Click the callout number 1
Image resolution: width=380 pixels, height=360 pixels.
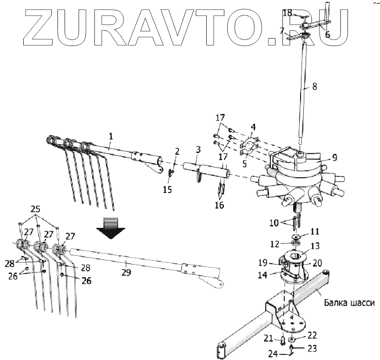pyautogui.click(x=111, y=136)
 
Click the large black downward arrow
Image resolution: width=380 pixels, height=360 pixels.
pyautogui.click(x=111, y=227)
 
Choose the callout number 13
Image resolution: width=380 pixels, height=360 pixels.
pyautogui.click(x=315, y=246)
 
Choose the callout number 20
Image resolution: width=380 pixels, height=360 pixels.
pyautogui.click(x=317, y=262)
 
